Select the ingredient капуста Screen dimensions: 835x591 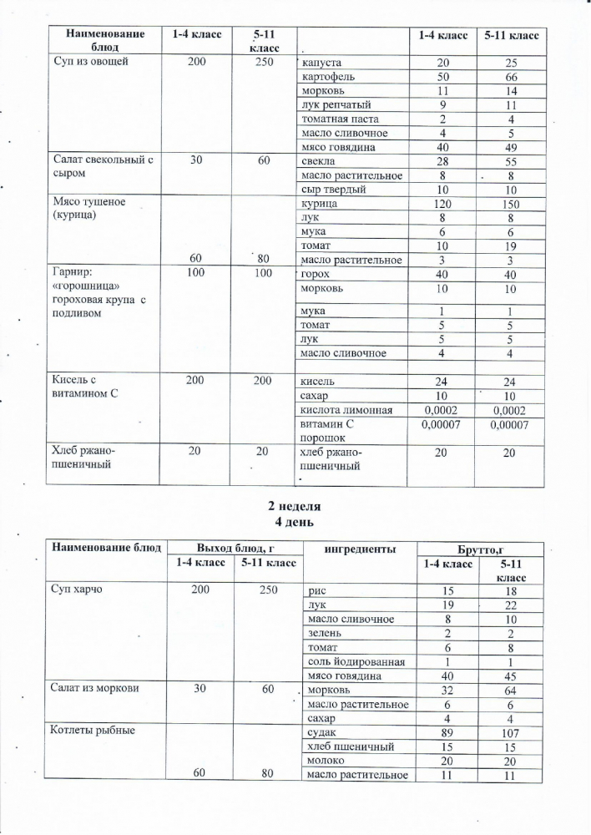coord(320,63)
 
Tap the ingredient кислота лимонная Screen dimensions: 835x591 coord(346,410)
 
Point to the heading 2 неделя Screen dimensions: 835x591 coord(294,506)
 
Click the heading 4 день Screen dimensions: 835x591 coord(294,522)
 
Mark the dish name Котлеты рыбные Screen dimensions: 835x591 coord(93,732)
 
